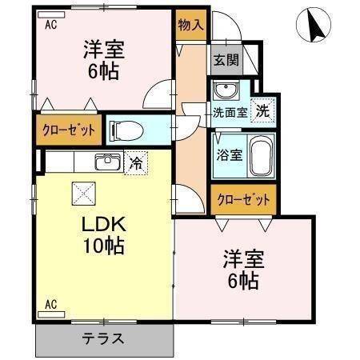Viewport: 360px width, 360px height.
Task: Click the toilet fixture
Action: (x=126, y=129)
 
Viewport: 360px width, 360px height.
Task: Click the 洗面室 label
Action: (x=230, y=113)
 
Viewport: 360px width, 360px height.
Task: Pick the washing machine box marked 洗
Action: (x=262, y=113)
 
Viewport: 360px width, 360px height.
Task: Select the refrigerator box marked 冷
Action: (x=137, y=162)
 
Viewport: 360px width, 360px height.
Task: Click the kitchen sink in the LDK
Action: (x=107, y=162)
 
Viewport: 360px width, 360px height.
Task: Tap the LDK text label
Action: (x=103, y=223)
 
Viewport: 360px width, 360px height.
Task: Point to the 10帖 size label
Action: (x=103, y=246)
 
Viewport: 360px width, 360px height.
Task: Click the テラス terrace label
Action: (x=103, y=338)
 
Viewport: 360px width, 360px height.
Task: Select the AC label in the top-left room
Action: (x=50, y=24)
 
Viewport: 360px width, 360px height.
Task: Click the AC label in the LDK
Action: (x=50, y=303)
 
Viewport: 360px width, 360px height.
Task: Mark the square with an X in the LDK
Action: (x=82, y=192)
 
